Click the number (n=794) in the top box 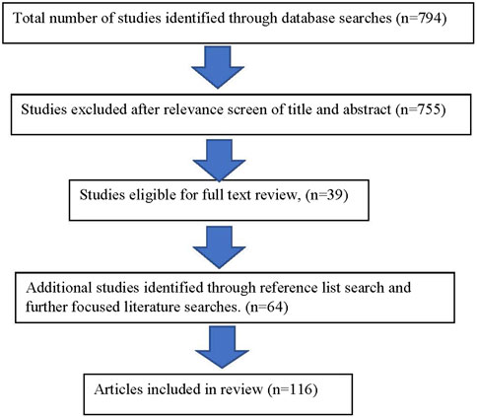(422, 19)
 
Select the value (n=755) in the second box (422, 109)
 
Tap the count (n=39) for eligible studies (326, 195)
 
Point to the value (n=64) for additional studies (267, 308)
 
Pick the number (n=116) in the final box (293, 389)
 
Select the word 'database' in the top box (310, 18)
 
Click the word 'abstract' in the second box (367, 109)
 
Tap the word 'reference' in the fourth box (287, 288)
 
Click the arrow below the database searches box (218, 67)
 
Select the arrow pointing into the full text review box (219, 161)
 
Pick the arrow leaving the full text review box (219, 247)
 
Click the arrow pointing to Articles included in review (222, 347)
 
